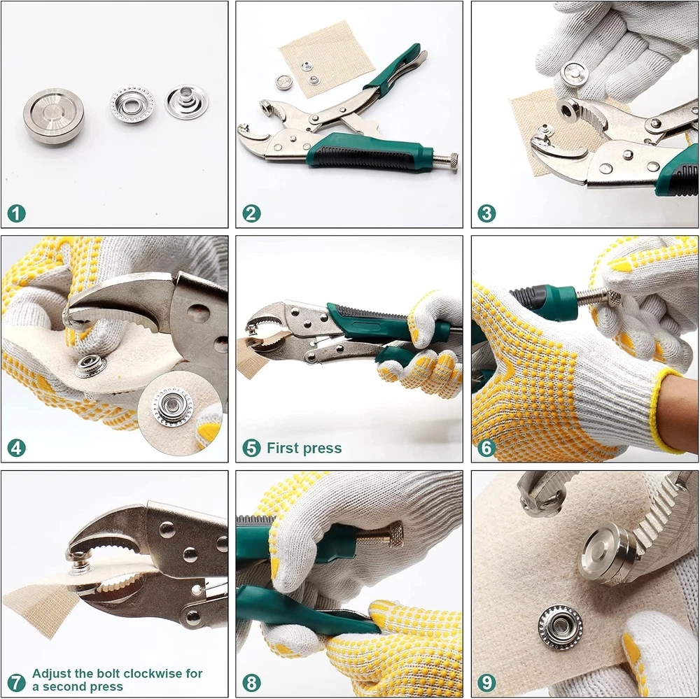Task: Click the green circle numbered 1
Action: click(17, 213)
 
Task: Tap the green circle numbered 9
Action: click(486, 682)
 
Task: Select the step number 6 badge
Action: click(486, 448)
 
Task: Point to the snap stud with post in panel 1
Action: click(187, 102)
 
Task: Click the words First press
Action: click(304, 448)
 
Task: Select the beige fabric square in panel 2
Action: click(327, 59)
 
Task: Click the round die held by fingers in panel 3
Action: click(574, 73)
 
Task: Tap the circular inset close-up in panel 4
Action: click(180, 413)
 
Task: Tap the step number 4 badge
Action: click(17, 448)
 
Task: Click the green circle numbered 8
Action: click(252, 682)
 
